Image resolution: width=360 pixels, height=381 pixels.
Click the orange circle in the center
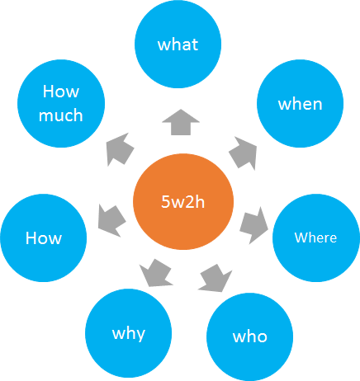[183, 201]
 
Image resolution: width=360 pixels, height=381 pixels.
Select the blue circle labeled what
[178, 44]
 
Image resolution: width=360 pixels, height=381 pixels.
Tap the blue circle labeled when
[300, 103]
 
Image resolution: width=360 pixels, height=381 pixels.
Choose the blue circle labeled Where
[316, 238]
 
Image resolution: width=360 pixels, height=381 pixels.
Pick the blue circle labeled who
[249, 336]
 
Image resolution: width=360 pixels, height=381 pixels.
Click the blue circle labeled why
[128, 333]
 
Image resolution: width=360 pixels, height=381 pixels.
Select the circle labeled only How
[44, 238]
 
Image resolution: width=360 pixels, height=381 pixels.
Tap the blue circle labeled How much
[61, 103]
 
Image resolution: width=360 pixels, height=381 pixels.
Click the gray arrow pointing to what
[181, 122]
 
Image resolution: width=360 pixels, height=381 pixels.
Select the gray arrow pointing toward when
[244, 153]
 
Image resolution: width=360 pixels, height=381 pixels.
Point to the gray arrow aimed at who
[216, 278]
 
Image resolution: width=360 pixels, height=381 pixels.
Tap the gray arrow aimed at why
[155, 273]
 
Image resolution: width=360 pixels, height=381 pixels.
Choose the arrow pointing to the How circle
[112, 221]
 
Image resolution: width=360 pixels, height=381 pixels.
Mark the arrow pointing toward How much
[120, 149]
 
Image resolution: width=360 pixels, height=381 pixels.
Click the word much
[61, 115]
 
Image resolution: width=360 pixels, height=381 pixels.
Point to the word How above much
[61, 92]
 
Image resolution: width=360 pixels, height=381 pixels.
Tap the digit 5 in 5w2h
[165, 201]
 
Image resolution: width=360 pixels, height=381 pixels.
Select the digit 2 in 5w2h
[190, 201]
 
